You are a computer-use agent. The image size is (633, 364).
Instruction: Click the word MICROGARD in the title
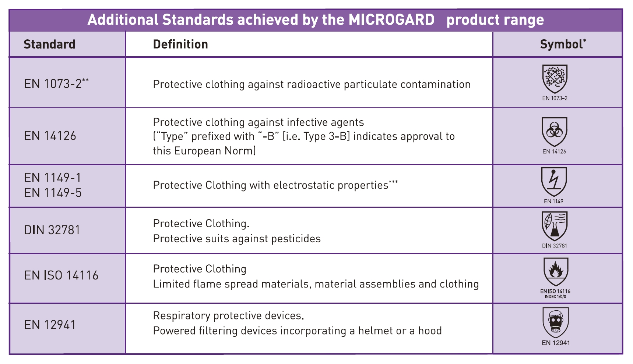pos(391,19)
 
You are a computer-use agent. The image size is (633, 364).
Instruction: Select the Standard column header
pos(49,44)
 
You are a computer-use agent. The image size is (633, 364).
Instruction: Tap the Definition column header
pos(180,44)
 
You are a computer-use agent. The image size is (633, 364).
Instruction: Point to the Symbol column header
pos(563,44)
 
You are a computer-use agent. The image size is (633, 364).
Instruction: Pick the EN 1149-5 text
pos(53,193)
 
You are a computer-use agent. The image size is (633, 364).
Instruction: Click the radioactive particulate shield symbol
pos(555,79)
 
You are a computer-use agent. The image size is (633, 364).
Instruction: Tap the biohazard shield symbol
pos(554,132)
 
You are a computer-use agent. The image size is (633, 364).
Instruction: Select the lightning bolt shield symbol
pos(554,182)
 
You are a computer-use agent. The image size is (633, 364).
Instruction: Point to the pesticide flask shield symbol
pos(555,226)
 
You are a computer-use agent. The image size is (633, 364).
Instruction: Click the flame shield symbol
pos(556,272)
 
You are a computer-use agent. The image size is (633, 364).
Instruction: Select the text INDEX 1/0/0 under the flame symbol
pos(555,297)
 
